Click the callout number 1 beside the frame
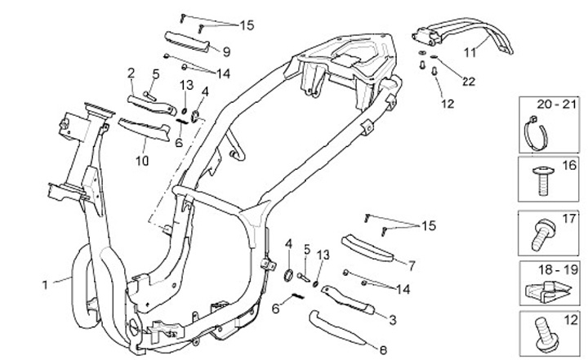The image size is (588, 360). (47, 284)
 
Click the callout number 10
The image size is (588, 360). (142, 161)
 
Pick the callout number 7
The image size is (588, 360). (412, 265)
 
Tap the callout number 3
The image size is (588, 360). (393, 319)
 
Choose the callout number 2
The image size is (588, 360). (131, 73)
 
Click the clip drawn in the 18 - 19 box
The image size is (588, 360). (542, 286)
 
